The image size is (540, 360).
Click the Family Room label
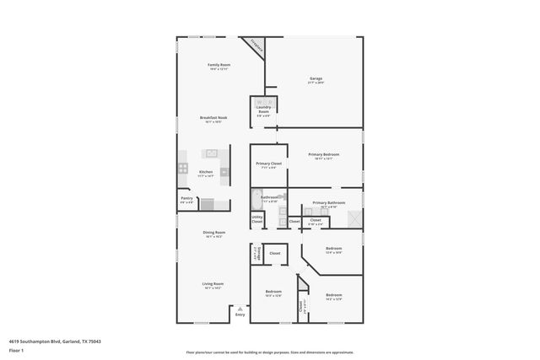219,65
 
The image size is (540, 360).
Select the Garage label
316,79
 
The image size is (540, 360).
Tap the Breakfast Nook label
211,117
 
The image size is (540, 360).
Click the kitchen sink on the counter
211,153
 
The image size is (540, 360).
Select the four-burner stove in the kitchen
182,169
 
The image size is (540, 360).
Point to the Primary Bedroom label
324,155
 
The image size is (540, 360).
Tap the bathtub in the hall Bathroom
256,200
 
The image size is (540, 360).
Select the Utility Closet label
257,221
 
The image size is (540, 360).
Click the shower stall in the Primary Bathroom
355,219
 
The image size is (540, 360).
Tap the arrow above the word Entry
240,309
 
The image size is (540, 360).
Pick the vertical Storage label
256,253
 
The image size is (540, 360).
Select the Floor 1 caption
16,350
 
